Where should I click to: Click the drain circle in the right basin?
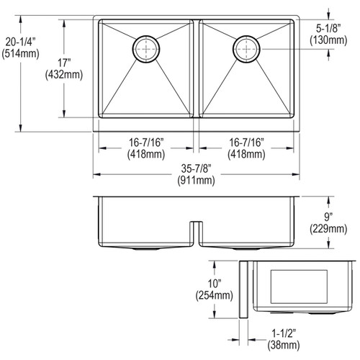(246, 48)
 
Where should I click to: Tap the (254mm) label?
(214, 295)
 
